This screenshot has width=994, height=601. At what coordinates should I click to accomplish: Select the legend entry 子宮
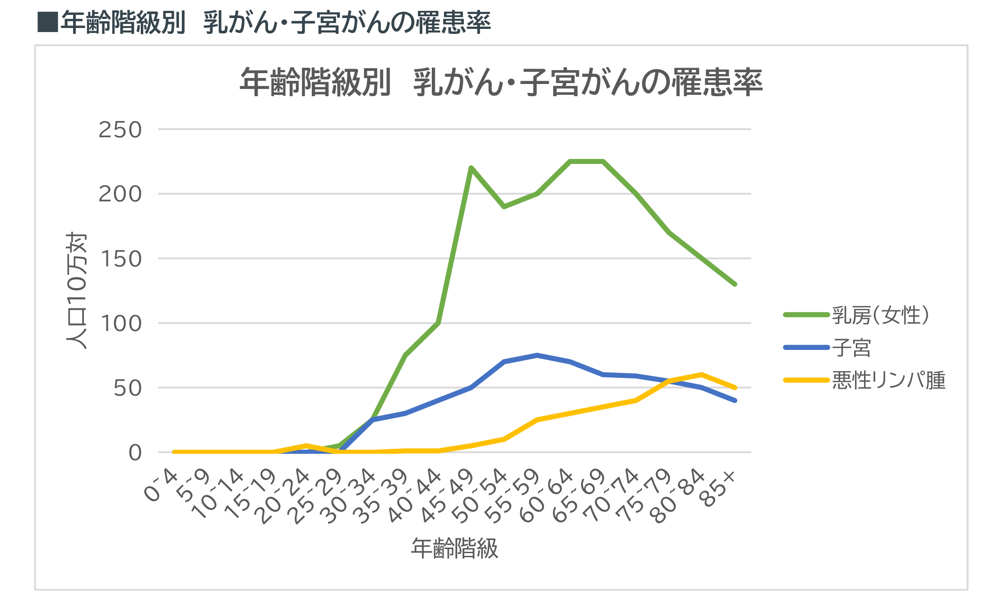[x=851, y=348]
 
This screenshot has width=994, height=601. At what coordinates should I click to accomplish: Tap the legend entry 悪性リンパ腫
[x=888, y=380]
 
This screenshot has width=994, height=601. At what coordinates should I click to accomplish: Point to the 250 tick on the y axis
[x=120, y=130]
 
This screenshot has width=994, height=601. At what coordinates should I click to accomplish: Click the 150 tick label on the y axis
[x=120, y=259]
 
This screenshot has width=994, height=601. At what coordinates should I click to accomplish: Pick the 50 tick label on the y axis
[x=127, y=388]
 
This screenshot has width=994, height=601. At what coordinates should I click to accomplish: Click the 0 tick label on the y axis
[x=135, y=453]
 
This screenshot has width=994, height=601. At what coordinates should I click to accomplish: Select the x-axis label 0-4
[x=161, y=485]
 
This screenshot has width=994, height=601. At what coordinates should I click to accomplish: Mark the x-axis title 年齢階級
[x=454, y=549]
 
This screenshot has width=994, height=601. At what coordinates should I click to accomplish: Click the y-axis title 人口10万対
[x=76, y=290]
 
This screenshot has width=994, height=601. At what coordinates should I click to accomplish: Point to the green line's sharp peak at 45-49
[x=471, y=168]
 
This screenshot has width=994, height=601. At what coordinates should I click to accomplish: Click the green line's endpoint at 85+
[x=735, y=284]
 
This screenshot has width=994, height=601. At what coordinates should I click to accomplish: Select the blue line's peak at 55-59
[x=537, y=355]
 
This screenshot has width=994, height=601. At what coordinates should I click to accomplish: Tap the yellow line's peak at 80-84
[x=702, y=374]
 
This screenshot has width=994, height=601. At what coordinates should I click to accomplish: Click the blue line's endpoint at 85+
[x=735, y=401]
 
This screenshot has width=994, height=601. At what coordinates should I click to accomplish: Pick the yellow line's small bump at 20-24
[x=306, y=446]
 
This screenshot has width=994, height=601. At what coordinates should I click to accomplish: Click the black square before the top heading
[x=47, y=22]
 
